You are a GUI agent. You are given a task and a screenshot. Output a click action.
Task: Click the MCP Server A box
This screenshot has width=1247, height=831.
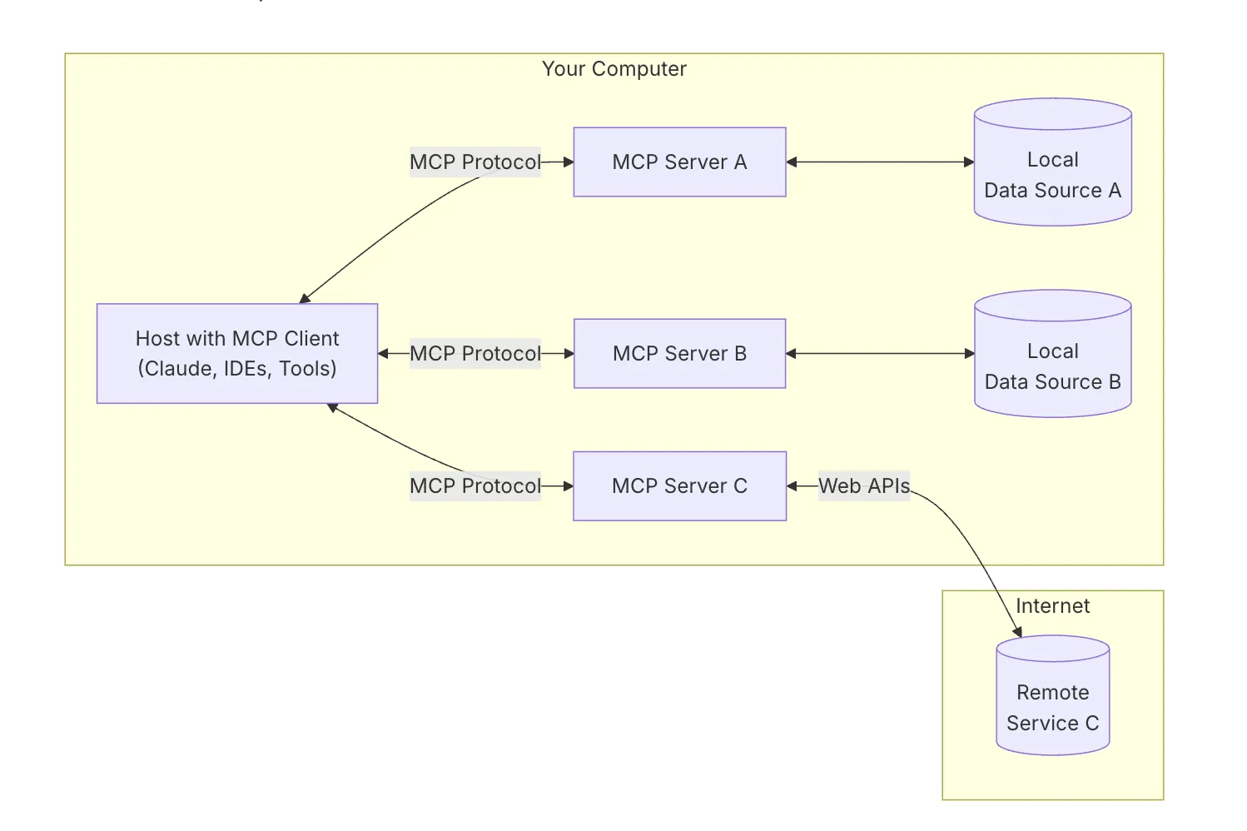[x=680, y=162]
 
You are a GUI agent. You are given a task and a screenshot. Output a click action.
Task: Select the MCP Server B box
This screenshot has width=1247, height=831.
[x=680, y=354]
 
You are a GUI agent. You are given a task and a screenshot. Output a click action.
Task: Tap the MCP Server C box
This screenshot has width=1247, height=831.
[x=680, y=486]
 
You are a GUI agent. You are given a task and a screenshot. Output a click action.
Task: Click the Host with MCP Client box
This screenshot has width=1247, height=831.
[x=237, y=354]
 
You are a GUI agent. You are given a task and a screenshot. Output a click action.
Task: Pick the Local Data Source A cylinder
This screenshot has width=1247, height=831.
[x=1053, y=162]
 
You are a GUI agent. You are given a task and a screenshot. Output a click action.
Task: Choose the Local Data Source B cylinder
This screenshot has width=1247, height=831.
[x=1053, y=354]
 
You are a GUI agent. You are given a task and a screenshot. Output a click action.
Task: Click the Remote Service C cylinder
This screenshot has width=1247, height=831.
[x=1053, y=695]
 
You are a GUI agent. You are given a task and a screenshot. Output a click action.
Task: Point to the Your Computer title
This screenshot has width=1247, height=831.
[x=614, y=69]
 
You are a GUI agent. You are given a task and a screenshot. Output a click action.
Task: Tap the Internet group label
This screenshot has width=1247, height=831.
[x=1053, y=606]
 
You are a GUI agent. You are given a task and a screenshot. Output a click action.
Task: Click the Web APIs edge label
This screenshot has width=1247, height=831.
[x=864, y=486]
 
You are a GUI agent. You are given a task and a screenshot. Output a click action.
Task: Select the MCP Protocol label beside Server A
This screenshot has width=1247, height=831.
[x=474, y=162]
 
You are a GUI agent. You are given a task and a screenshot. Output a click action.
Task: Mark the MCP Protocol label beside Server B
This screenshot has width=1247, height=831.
[x=474, y=354]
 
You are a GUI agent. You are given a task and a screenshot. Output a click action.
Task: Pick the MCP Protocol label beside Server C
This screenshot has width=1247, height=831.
[x=474, y=486]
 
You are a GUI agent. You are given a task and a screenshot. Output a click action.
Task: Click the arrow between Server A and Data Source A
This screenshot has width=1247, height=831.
[x=880, y=162]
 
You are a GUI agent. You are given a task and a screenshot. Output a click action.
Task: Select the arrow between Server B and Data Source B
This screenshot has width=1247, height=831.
[x=880, y=354]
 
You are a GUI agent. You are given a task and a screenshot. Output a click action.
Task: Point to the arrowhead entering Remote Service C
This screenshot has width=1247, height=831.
[x=1017, y=632]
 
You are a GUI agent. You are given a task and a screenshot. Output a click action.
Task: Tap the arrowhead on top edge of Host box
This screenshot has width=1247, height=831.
[x=305, y=299]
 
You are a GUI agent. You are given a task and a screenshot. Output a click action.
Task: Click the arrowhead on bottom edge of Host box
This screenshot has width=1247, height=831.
[x=332, y=408]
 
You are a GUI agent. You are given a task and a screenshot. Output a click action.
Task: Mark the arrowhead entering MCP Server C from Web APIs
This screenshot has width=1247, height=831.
[x=792, y=486]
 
